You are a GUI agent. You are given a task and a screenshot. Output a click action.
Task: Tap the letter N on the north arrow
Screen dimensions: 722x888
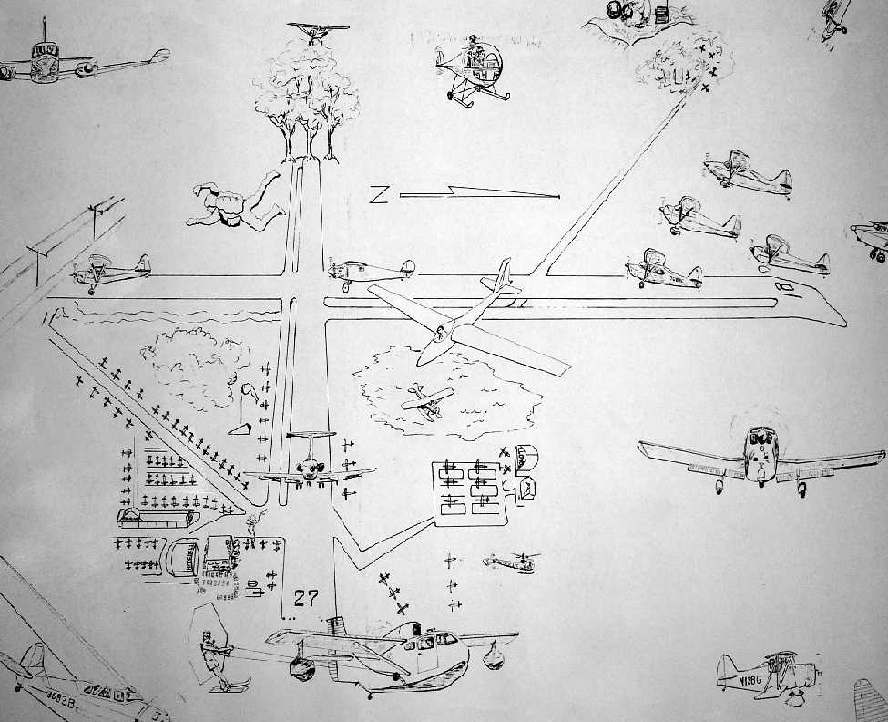380,194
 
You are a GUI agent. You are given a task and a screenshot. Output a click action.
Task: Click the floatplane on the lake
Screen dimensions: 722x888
427,400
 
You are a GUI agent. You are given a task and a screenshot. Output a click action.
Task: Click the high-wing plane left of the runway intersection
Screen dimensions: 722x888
113,268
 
